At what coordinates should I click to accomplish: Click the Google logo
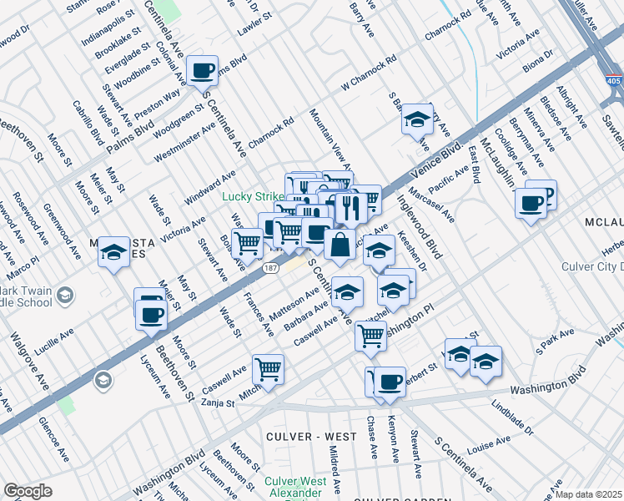[28, 491]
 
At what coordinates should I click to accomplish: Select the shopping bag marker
[340, 245]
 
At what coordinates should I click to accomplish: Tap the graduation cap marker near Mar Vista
[113, 252]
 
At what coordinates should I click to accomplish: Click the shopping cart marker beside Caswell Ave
[268, 369]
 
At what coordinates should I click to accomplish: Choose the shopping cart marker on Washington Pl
[370, 336]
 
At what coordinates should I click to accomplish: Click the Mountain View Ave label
[328, 137]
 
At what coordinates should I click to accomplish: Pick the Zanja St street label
[218, 402]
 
